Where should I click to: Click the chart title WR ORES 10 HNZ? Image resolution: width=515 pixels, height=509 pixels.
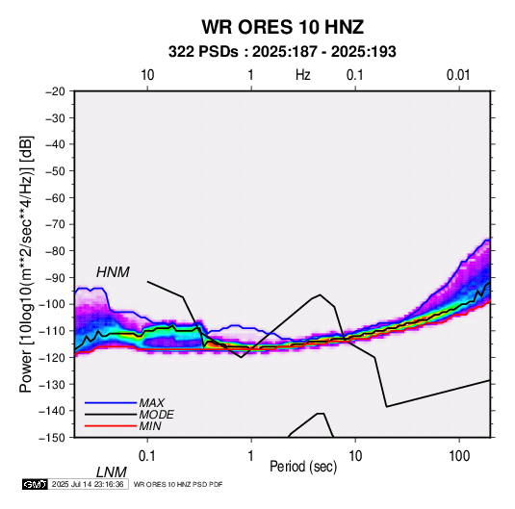click(283, 27)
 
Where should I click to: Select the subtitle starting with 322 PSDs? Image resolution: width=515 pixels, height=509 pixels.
click(282, 52)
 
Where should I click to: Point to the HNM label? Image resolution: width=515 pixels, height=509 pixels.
click(113, 272)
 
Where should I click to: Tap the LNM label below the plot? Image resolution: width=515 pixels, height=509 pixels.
click(112, 472)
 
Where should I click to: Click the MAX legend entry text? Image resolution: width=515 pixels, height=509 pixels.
click(152, 402)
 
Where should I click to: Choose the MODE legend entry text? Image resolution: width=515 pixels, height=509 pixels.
click(156, 415)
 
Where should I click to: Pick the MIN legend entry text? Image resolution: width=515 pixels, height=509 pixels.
click(150, 426)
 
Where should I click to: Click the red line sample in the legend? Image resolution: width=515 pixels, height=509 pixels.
click(111, 426)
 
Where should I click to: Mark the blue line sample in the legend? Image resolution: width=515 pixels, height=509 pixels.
click(111, 402)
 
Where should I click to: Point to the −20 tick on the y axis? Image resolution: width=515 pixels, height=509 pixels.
click(55, 91)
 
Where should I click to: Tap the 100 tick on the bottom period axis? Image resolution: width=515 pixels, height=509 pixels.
click(459, 456)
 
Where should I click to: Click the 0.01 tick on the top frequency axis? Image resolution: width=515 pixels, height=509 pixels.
click(458, 75)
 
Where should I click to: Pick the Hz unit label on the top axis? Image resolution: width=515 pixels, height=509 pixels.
click(303, 75)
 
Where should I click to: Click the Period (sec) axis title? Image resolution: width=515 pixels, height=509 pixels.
click(303, 467)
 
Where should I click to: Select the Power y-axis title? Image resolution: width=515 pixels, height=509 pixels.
click(27, 264)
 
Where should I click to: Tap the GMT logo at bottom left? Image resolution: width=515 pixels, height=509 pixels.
click(35, 484)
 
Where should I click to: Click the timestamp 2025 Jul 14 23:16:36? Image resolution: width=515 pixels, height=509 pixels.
click(88, 484)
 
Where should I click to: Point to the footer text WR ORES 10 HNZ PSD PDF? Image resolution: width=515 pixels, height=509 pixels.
click(178, 484)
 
